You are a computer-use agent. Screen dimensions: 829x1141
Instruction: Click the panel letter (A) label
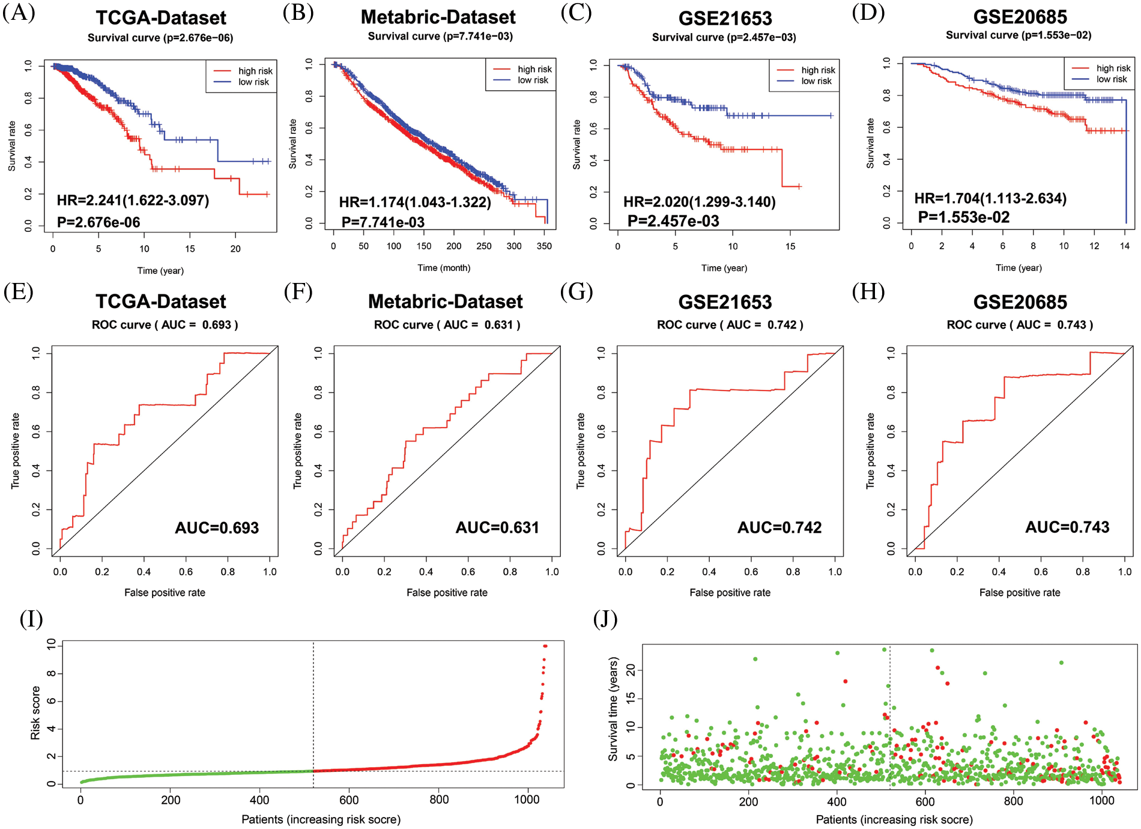(x=19, y=13)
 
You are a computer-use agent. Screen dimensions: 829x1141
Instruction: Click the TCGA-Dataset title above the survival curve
(x=161, y=18)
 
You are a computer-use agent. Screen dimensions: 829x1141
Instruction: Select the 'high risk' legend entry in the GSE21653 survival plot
(x=817, y=70)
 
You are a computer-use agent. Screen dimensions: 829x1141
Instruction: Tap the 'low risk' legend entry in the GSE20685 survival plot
(x=1111, y=79)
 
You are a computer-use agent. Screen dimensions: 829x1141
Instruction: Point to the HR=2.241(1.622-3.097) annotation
(x=133, y=200)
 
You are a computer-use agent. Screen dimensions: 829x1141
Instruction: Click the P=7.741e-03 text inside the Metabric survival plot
(x=383, y=222)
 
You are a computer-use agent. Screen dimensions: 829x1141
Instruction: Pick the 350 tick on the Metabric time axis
(x=544, y=246)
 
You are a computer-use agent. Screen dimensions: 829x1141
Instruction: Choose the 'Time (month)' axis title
(x=444, y=268)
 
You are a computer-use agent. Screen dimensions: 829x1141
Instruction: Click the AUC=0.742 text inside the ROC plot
(x=779, y=527)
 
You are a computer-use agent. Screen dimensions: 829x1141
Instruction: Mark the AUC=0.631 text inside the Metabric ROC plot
(x=497, y=527)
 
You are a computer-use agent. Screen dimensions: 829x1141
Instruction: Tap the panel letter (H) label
(x=868, y=293)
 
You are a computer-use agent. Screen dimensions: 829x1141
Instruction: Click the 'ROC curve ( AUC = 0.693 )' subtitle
(x=165, y=325)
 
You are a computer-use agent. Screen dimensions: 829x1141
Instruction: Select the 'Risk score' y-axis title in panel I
(x=35, y=712)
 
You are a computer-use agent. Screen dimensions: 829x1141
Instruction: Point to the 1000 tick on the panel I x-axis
(x=527, y=800)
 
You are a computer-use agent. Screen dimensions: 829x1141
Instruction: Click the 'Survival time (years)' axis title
(x=613, y=709)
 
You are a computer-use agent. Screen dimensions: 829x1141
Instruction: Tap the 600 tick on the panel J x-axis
(x=925, y=801)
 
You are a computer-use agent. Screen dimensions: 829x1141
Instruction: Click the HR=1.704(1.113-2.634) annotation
(x=990, y=198)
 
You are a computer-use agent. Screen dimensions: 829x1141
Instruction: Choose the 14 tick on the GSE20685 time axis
(x=1125, y=246)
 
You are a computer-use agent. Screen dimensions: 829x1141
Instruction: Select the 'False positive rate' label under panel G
(x=730, y=593)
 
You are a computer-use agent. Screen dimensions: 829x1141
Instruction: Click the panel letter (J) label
(x=605, y=619)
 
